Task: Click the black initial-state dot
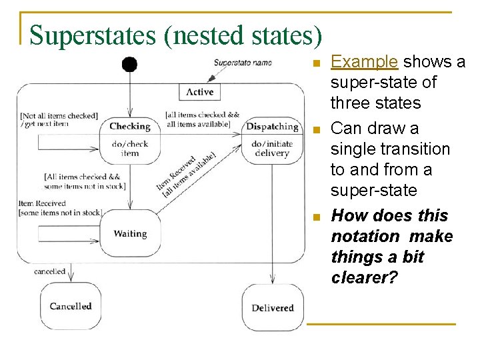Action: [x=129, y=64]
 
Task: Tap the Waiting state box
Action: [x=130, y=233]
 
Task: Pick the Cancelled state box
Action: [x=70, y=306]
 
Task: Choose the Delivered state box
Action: [x=272, y=307]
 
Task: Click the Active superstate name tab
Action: [x=199, y=92]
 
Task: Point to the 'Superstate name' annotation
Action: [x=243, y=63]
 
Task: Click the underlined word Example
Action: [x=364, y=62]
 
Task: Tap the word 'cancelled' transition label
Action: [x=49, y=271]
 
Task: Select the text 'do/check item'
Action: [x=130, y=148]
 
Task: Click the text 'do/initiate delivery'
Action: [x=272, y=148]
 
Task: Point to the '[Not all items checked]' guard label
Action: [x=59, y=116]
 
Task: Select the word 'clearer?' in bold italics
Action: [x=364, y=277]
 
